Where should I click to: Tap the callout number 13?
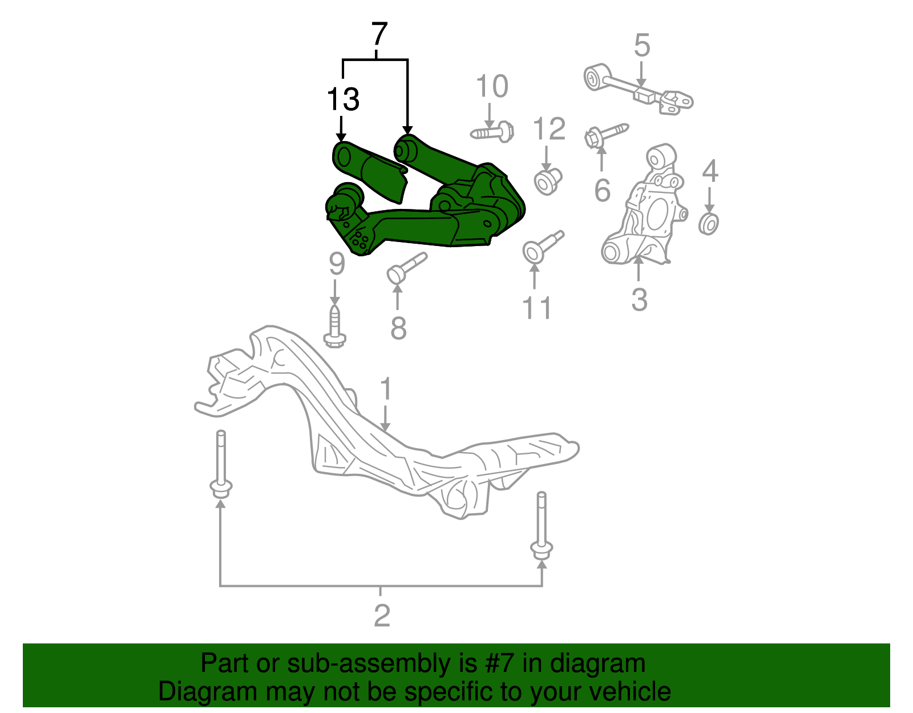343,99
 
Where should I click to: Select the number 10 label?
491,87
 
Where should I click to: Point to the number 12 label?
549,129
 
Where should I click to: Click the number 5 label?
642,45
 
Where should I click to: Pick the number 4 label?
709,171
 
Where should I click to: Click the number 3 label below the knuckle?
639,300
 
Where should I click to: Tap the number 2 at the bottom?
382,615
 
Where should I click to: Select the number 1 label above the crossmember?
386,389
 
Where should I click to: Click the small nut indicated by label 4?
708,223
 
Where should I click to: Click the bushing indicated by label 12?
548,181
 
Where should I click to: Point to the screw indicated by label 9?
335,328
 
